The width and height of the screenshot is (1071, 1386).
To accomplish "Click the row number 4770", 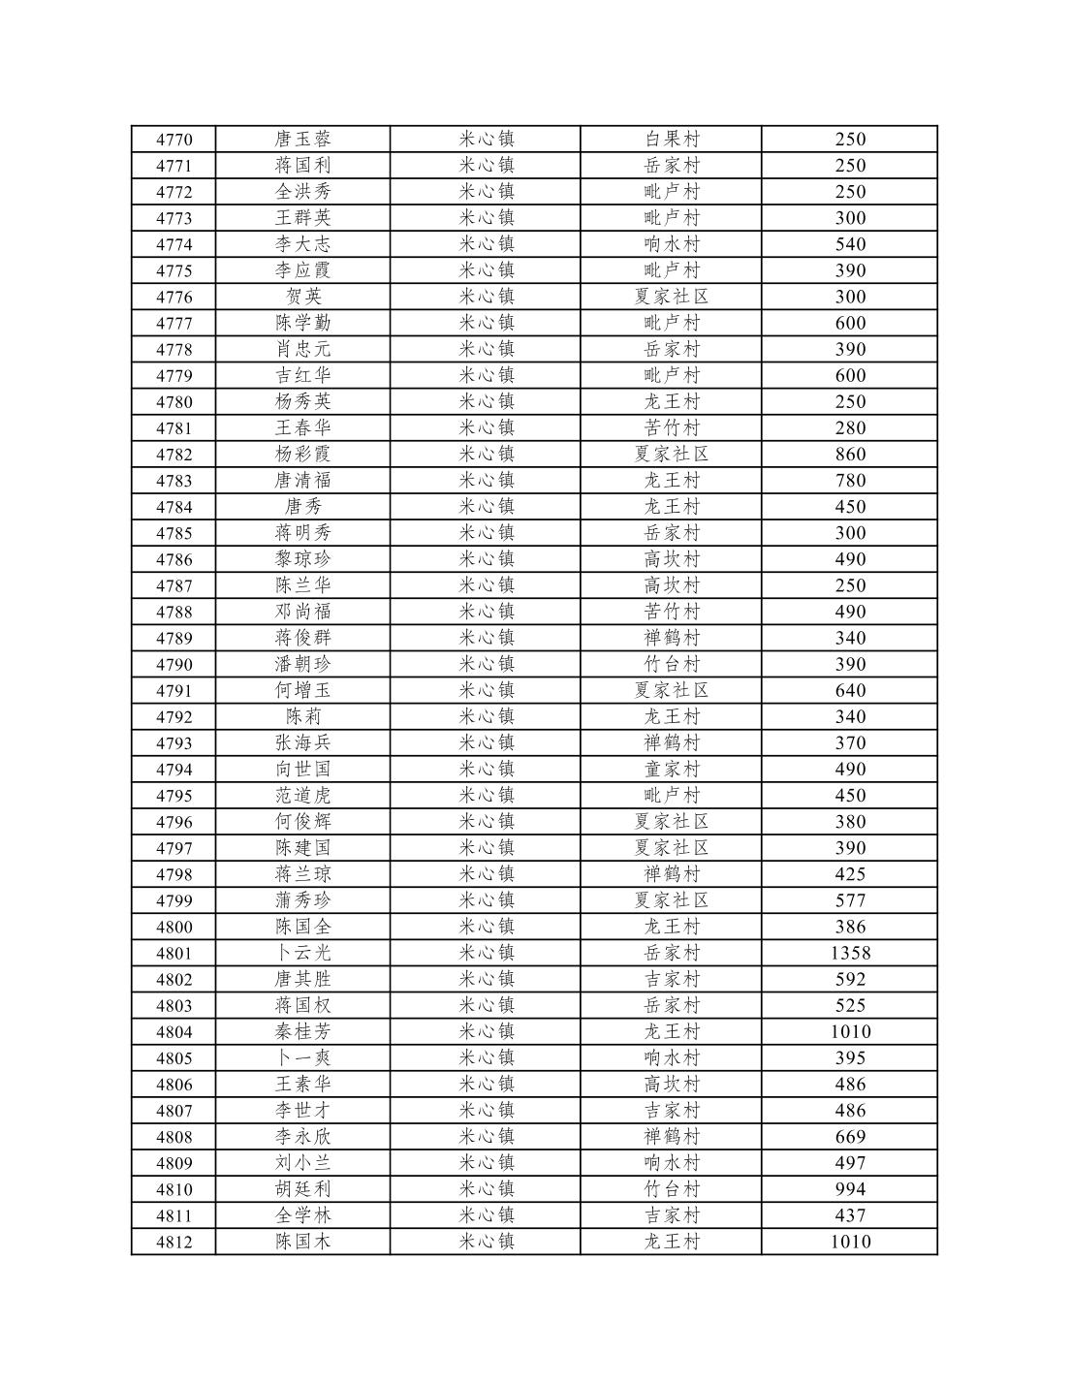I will click(x=173, y=140).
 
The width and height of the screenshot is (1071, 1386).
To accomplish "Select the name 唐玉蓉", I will click(x=302, y=140).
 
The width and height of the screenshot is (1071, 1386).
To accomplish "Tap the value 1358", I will click(x=850, y=953).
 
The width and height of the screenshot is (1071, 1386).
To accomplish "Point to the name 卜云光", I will click(x=302, y=953).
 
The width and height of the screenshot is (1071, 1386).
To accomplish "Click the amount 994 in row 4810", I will click(x=850, y=1189).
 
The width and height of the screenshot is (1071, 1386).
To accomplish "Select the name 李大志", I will click(x=302, y=244).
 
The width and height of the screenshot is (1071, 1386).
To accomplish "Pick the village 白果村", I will click(x=672, y=140).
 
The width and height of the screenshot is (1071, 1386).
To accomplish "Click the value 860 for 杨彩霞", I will click(x=850, y=455).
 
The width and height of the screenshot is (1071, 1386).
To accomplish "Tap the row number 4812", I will click(x=173, y=1242).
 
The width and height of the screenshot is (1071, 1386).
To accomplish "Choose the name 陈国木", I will click(x=302, y=1242).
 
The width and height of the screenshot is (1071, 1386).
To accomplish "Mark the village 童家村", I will click(x=672, y=770).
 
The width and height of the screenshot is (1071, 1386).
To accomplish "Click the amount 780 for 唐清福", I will click(x=850, y=481).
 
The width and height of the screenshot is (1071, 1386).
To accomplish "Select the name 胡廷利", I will click(x=302, y=1189).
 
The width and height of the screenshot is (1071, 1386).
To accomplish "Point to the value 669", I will click(x=850, y=1137).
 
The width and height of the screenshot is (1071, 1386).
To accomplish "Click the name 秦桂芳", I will click(x=302, y=1031).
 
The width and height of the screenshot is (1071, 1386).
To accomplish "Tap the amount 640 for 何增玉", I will click(x=850, y=691).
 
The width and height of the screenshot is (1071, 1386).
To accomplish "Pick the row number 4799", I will click(x=173, y=900).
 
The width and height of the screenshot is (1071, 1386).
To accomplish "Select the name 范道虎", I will click(x=302, y=796).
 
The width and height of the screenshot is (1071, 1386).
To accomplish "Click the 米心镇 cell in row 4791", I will click(x=486, y=691).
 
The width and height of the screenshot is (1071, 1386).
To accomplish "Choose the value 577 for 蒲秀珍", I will click(x=850, y=900).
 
